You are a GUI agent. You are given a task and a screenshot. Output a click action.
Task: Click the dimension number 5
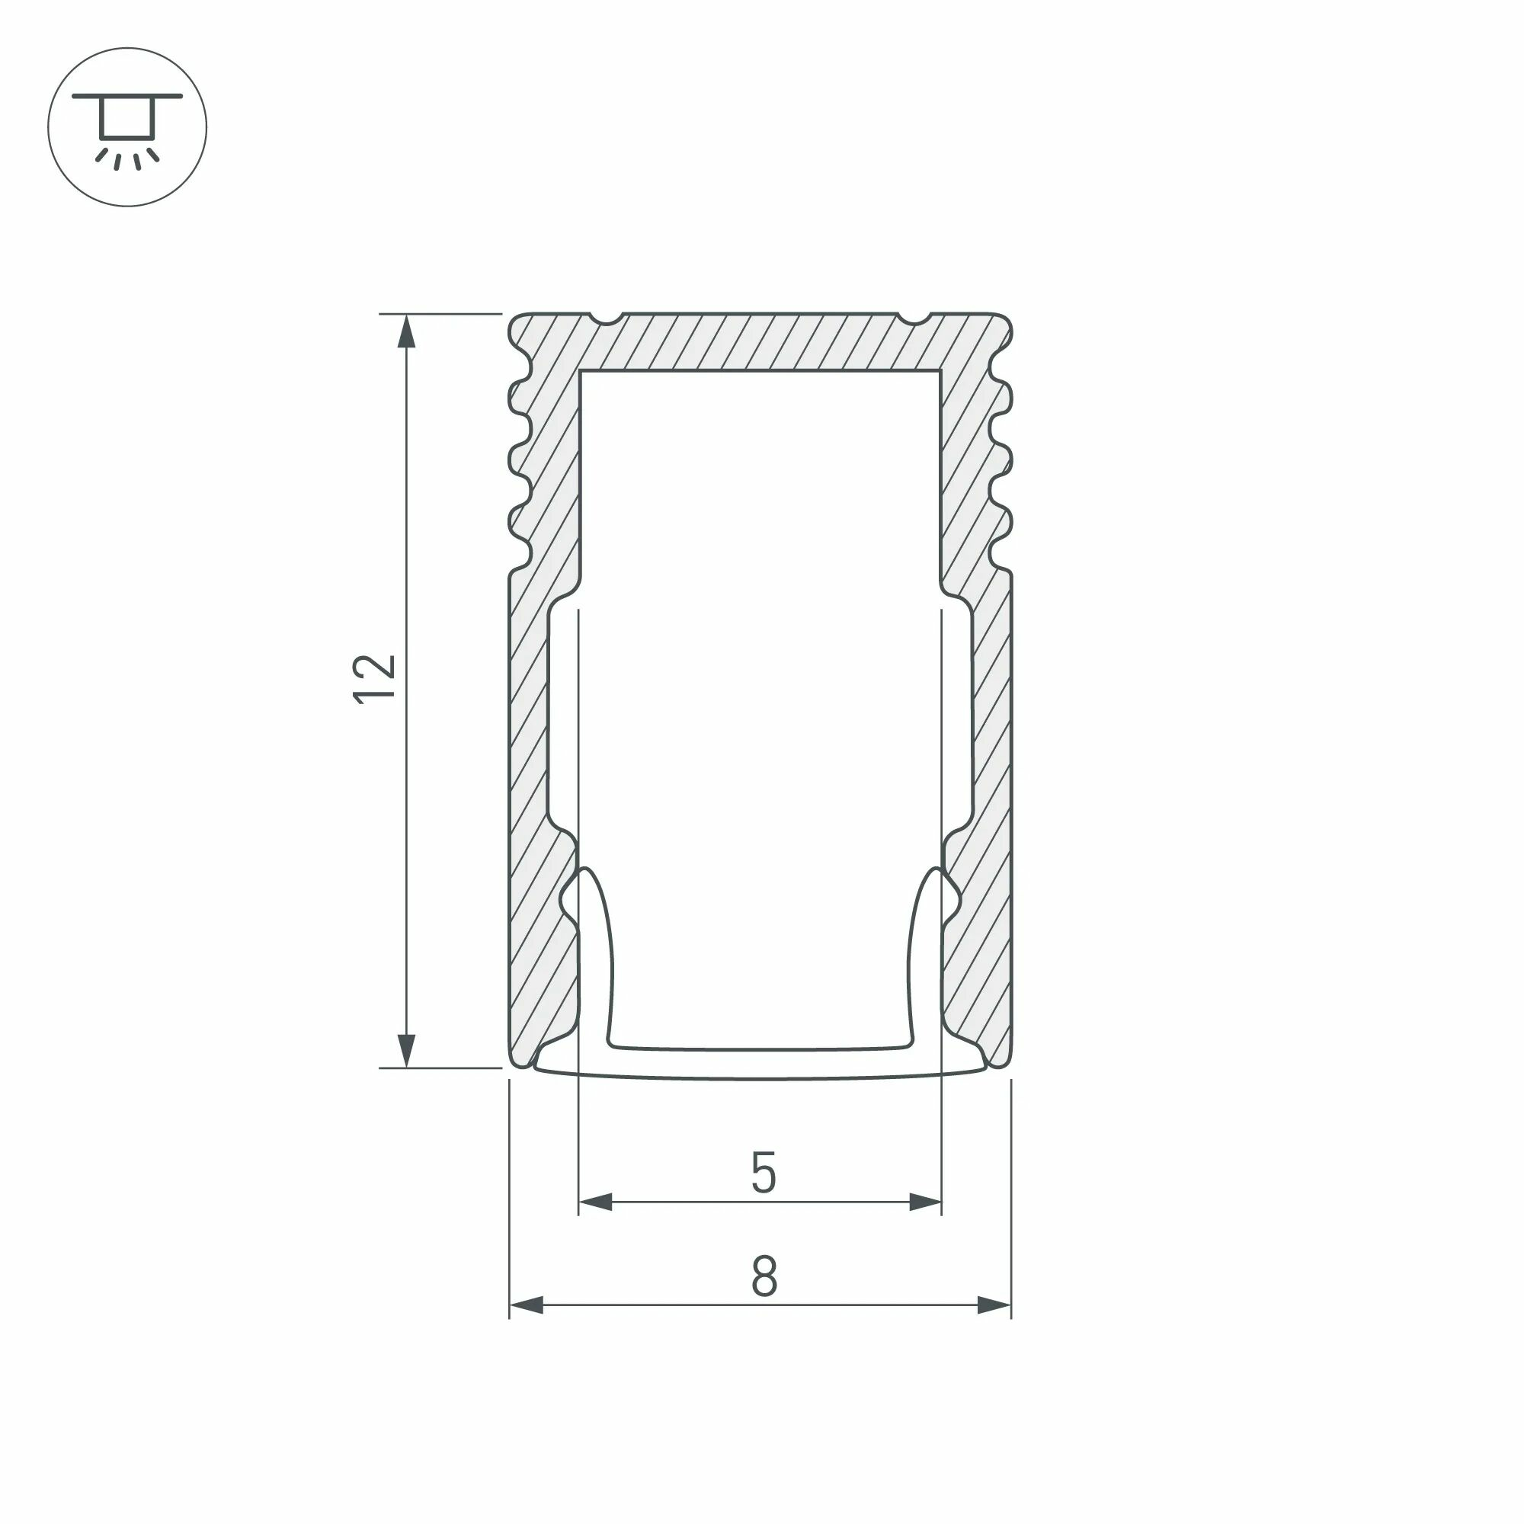[x=763, y=1173]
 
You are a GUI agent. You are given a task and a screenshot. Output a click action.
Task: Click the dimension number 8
[x=764, y=1276]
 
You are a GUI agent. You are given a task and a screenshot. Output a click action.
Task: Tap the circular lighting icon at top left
[x=127, y=127]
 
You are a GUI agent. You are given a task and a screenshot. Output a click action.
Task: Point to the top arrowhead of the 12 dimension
[x=405, y=331]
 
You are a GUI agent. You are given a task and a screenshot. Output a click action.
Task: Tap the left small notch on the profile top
[x=607, y=318]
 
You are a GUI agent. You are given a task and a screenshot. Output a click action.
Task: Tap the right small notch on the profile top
[x=914, y=318]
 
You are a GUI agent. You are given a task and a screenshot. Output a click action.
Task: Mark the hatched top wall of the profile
[x=760, y=341]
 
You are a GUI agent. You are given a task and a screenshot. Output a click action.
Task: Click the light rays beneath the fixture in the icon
[x=127, y=158]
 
